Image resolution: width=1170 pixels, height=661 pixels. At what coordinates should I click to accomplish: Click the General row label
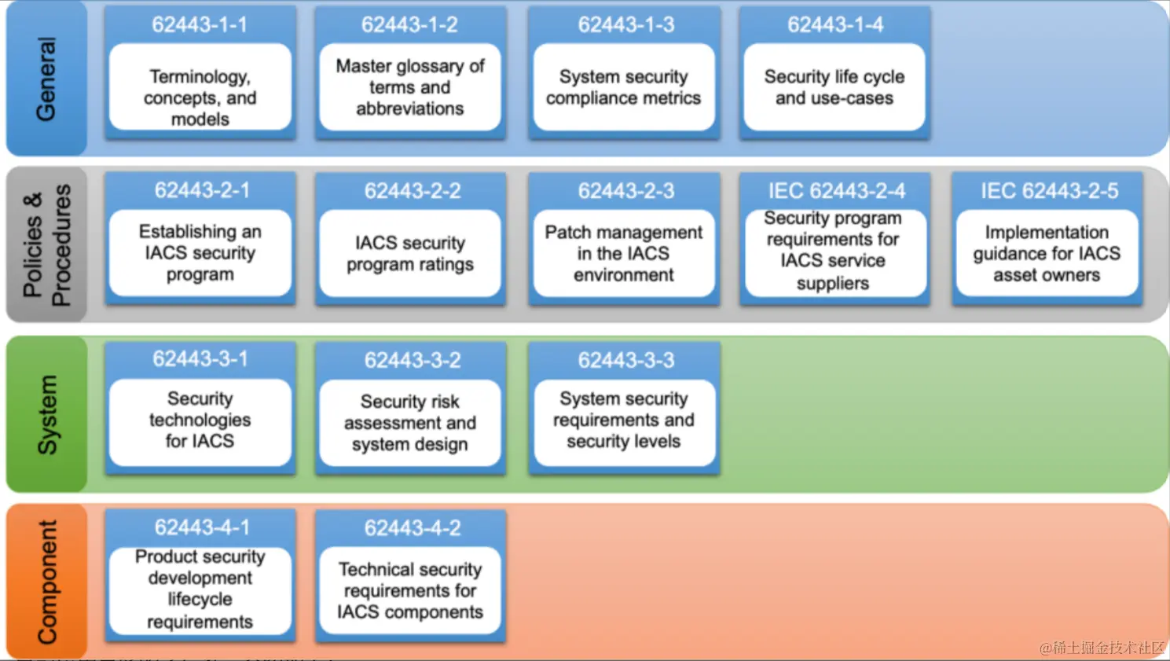click(46, 79)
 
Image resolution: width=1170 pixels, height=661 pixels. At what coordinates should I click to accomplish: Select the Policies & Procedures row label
click(46, 244)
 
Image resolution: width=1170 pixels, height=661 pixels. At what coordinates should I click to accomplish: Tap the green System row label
click(47, 414)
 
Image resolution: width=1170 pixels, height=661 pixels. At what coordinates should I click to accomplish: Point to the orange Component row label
click(47, 582)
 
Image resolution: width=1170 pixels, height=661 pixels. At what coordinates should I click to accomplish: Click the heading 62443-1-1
click(200, 24)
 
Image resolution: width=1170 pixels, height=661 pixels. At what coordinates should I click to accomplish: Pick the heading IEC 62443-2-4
click(836, 191)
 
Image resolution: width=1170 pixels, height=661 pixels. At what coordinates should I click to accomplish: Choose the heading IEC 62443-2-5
click(1049, 191)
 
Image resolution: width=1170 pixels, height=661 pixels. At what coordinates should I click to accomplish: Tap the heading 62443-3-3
click(625, 360)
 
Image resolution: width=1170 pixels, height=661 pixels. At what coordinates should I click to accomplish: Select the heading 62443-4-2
click(412, 527)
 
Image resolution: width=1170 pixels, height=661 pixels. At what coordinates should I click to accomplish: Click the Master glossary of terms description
click(410, 87)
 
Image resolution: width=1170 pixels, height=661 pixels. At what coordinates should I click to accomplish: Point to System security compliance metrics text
click(624, 87)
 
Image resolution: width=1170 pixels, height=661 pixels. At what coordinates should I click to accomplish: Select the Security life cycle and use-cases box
click(834, 87)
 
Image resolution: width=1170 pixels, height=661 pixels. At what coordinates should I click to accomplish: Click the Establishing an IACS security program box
click(200, 253)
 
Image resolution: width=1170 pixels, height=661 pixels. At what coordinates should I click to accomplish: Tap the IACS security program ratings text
click(410, 253)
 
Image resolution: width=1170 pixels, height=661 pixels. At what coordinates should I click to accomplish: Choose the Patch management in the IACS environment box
click(624, 253)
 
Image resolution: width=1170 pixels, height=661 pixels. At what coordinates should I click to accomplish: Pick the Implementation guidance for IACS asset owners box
click(1047, 253)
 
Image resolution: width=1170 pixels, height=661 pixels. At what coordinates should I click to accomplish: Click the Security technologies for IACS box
click(200, 422)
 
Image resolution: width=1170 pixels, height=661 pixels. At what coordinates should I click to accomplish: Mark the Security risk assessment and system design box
click(410, 423)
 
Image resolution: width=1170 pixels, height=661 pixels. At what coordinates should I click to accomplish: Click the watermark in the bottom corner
click(1102, 648)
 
